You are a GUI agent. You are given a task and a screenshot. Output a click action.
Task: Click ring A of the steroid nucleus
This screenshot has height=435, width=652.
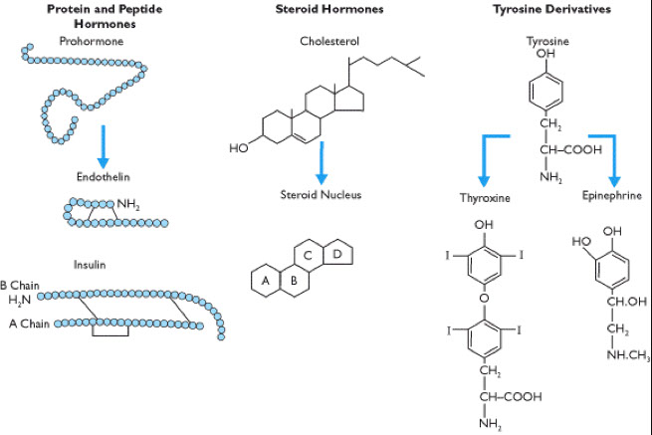point(265,281)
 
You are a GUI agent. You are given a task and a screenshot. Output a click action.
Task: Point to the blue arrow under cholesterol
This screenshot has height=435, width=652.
point(322,159)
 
